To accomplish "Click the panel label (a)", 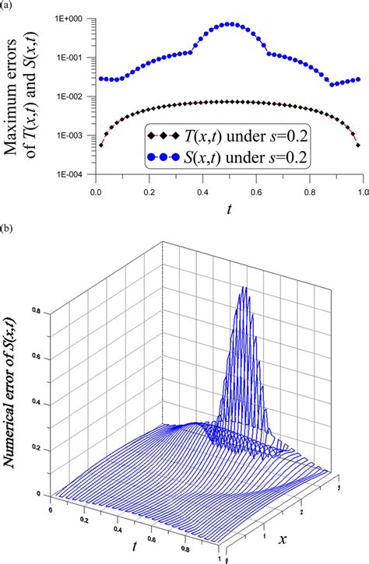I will point(7,5).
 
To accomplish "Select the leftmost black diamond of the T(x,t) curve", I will point(101,145).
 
